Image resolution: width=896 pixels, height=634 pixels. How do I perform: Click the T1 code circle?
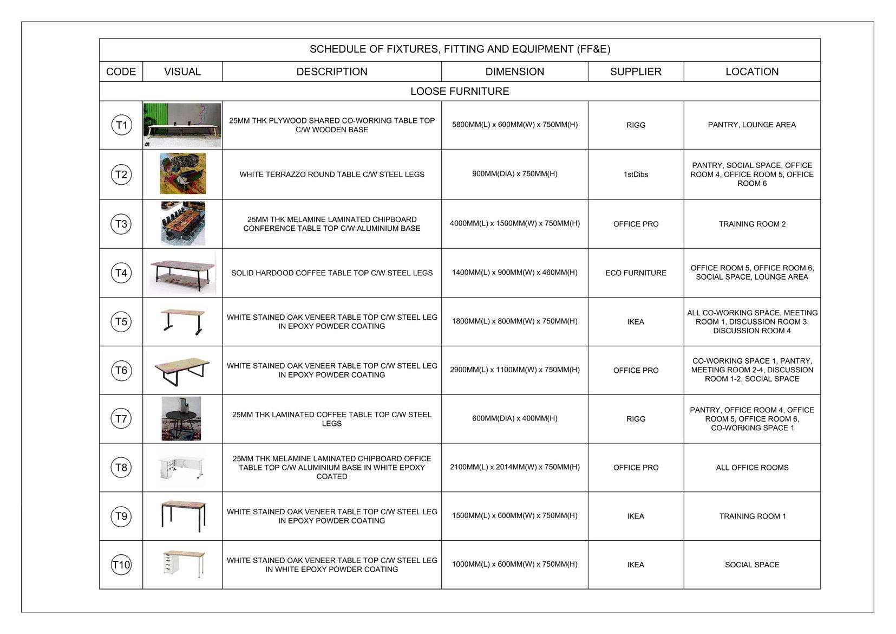[121, 125]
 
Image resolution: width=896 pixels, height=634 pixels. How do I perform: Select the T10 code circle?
[121, 565]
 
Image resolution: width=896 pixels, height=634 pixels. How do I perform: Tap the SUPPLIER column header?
[636, 72]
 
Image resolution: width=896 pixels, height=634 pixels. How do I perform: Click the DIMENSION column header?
[514, 72]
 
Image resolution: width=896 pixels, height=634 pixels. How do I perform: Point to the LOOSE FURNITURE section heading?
[460, 91]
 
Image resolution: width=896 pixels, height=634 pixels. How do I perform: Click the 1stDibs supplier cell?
[636, 174]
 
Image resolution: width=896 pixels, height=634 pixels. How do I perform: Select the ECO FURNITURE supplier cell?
[636, 273]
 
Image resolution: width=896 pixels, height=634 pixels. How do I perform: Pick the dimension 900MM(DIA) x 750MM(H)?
[514, 174]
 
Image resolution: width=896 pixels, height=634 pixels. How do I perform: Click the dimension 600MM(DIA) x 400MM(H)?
[514, 418]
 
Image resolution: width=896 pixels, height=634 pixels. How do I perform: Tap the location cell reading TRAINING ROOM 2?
[752, 224]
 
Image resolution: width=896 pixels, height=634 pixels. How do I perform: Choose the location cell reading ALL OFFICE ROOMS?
[752, 468]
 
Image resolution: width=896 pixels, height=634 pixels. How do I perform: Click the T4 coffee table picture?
[182, 273]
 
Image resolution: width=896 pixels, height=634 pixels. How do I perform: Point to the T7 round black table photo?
[181, 418]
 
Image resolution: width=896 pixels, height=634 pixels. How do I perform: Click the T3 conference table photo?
[183, 223]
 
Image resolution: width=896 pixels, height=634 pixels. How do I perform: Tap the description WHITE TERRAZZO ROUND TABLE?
[332, 174]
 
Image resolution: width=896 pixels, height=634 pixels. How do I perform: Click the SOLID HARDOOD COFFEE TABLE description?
[332, 273]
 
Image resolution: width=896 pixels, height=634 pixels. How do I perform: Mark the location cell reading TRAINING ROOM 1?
[752, 516]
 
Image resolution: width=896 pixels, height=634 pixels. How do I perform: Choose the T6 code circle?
[121, 371]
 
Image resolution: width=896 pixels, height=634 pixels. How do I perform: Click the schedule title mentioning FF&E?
[460, 49]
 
